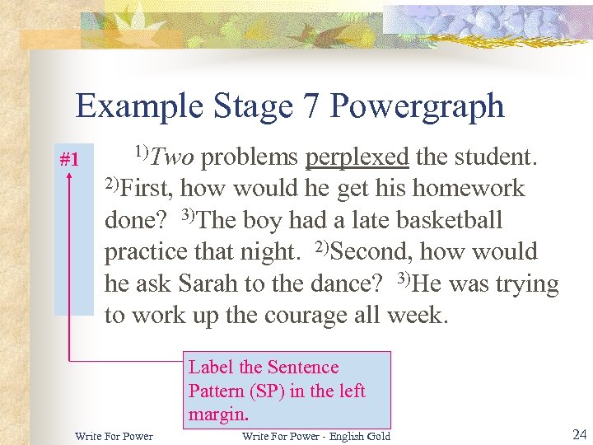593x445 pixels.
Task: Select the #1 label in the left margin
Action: click(69, 158)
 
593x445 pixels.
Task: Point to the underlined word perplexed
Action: click(357, 157)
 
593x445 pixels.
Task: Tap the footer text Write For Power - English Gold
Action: click(316, 436)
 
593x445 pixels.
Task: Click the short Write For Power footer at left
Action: click(114, 436)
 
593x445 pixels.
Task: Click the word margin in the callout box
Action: click(217, 414)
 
